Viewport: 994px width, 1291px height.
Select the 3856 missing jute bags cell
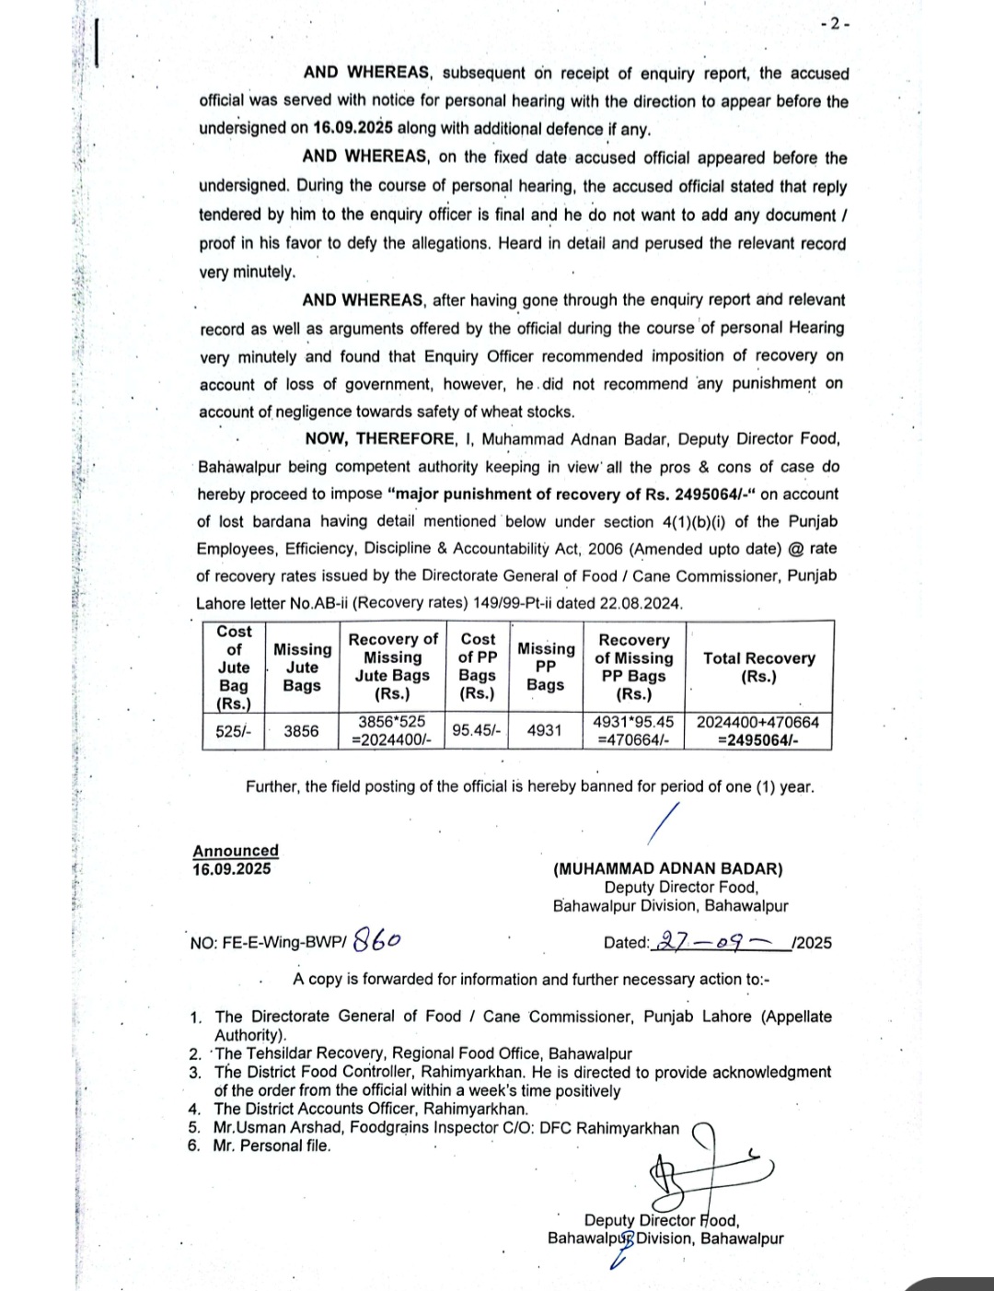click(x=301, y=731)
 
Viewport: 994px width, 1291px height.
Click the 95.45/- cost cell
click(x=477, y=730)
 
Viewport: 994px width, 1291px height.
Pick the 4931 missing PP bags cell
click(x=545, y=730)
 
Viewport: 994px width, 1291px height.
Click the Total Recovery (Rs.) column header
click(x=758, y=667)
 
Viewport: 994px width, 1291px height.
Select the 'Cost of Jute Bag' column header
click(x=234, y=667)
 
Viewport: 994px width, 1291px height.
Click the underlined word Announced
click(x=236, y=851)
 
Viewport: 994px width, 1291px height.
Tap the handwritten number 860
click(x=377, y=940)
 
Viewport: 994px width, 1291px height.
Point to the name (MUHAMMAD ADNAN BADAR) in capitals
click(x=668, y=868)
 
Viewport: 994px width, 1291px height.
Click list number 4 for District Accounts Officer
click(x=194, y=1110)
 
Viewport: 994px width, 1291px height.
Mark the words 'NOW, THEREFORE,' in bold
click(x=380, y=439)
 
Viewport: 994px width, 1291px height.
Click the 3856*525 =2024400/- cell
click(x=392, y=731)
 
